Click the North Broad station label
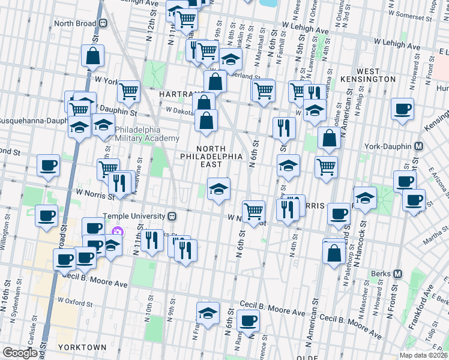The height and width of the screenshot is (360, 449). click(x=74, y=23)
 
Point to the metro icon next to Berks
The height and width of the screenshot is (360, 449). click(x=397, y=274)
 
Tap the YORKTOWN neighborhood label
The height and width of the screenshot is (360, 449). click(x=82, y=347)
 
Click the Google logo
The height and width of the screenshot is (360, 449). click(x=19, y=352)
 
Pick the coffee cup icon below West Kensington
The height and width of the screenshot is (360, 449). click(x=402, y=109)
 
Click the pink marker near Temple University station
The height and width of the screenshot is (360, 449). click(x=118, y=231)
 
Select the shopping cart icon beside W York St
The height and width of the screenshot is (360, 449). click(x=128, y=91)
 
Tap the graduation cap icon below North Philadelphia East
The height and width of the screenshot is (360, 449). click(x=218, y=188)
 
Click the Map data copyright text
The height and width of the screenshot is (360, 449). click(x=423, y=355)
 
